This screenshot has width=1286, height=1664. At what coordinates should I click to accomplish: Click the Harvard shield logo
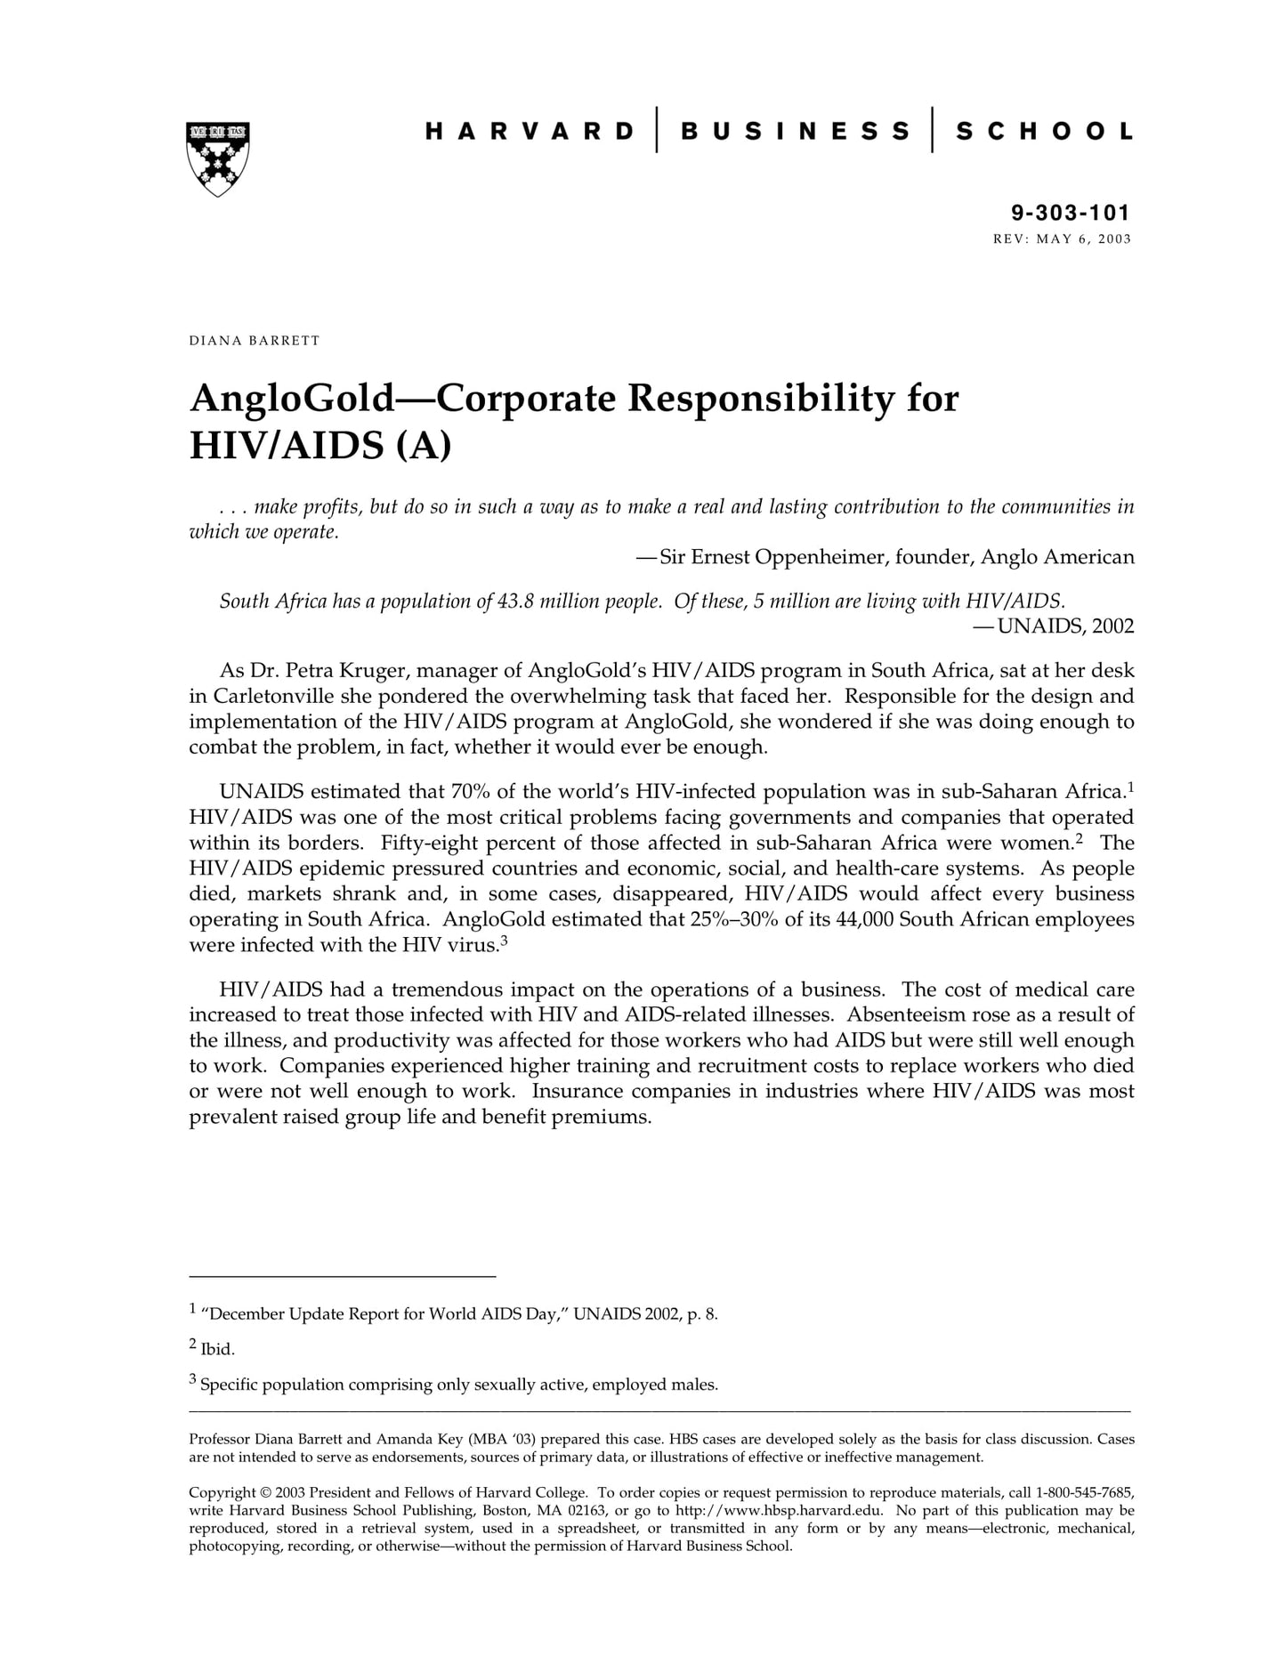(217, 158)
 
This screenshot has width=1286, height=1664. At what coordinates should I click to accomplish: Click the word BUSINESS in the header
(795, 132)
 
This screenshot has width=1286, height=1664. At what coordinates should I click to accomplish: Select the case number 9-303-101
(1070, 213)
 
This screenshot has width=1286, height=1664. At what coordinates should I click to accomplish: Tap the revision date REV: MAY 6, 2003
(1062, 238)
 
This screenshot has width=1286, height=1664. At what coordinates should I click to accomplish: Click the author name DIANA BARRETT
(254, 341)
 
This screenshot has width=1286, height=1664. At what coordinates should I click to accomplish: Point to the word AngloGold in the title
(292, 399)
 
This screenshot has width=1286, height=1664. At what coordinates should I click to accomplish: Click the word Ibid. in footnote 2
(218, 1350)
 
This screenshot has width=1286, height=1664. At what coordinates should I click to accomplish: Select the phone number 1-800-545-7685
(1085, 1492)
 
